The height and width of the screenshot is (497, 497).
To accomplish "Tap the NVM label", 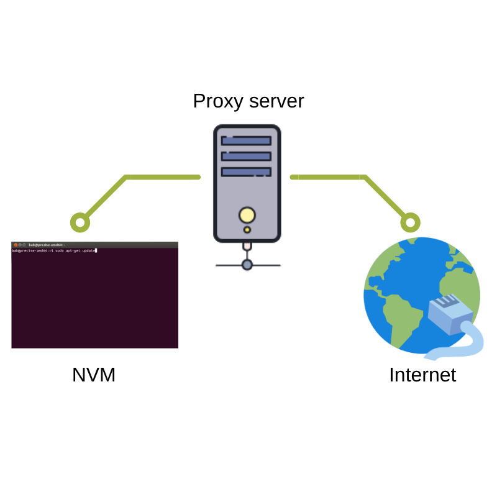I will pos(94,375).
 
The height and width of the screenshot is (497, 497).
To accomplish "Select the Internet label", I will pos(422,375).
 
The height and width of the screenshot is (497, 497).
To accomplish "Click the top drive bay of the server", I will pos(247,141).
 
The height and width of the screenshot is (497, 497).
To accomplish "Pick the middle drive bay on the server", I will pos(247,156).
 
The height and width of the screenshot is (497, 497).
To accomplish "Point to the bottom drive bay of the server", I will pos(247,171).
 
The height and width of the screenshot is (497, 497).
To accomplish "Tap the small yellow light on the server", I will pos(247,230).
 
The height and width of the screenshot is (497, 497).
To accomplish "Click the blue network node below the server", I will pos(247,265).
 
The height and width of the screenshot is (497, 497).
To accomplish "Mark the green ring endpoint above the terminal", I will pos(80,222).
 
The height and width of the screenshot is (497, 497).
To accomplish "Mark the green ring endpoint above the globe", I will pos(410,222).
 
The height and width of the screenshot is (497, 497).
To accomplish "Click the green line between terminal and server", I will pos(162,177).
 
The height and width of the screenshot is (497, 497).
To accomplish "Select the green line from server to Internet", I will pos(329,177).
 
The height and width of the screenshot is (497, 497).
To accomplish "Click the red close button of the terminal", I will pos(16,245).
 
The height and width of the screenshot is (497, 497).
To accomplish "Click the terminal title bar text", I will pos(47,245).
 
